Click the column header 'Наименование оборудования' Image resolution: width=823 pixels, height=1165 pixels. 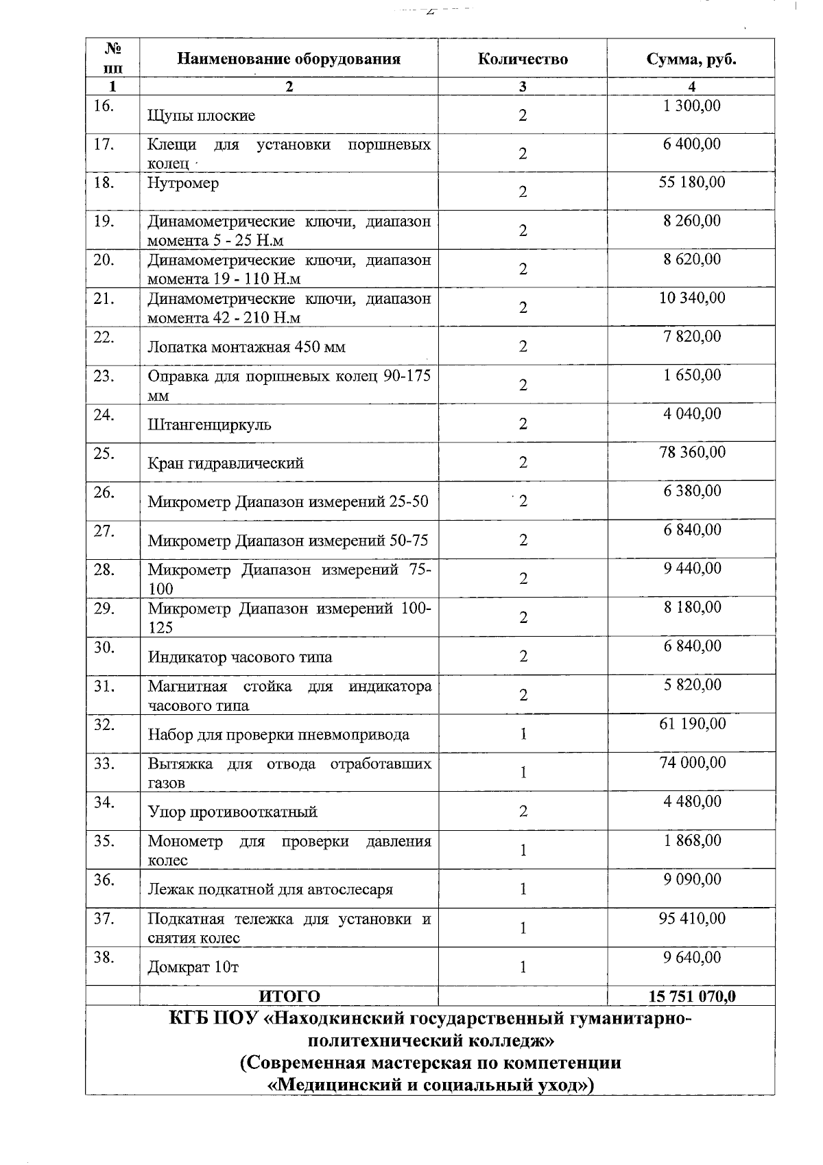pyautogui.click(x=289, y=58)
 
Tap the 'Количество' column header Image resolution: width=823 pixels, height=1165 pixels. pyautogui.click(x=523, y=58)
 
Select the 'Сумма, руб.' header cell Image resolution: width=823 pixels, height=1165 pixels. pyautogui.click(x=691, y=58)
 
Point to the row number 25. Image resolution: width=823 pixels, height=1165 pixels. pyautogui.click(x=104, y=453)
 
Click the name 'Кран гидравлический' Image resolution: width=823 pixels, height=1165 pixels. pyautogui.click(x=226, y=463)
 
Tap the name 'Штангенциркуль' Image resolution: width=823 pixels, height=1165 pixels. pyautogui.click(x=209, y=424)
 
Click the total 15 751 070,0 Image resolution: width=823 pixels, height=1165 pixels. pyautogui.click(x=691, y=996)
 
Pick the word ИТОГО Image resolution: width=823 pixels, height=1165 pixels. pyautogui.click(x=289, y=996)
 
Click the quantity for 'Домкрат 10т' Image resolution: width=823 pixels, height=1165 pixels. pyautogui.click(x=523, y=967)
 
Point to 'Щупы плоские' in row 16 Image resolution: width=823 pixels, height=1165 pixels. pyautogui.click(x=202, y=115)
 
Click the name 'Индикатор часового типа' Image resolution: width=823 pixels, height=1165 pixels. pyautogui.click(x=240, y=657)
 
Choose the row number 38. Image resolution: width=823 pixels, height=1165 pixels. pyautogui.click(x=104, y=957)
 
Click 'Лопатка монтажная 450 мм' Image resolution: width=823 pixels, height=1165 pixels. pyautogui.click(x=246, y=346)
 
